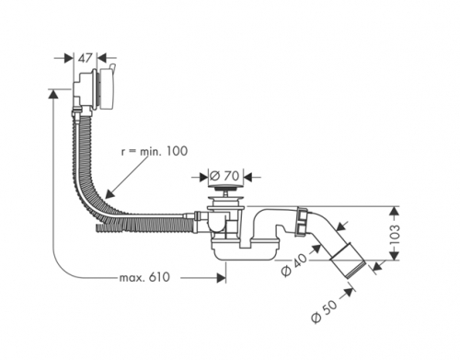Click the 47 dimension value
click(x=86, y=58)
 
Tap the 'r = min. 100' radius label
click(x=155, y=151)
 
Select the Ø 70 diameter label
click(x=224, y=176)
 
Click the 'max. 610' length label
click(x=144, y=277)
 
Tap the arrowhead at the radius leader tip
click(x=109, y=194)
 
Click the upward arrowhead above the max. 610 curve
click(x=53, y=94)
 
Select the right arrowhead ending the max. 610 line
click(x=222, y=278)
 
